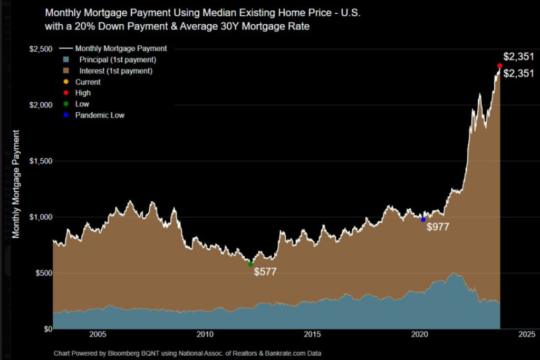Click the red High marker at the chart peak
coord(499,66)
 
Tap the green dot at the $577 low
coord(250,264)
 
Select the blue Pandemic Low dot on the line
coord(423,219)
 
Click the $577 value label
coord(265,272)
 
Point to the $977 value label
coord(438,228)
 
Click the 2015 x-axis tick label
coord(313,334)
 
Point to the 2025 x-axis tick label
coord(527,334)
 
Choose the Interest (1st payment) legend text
coord(115,71)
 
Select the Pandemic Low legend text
coord(100,115)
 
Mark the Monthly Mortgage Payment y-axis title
coord(16,183)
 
